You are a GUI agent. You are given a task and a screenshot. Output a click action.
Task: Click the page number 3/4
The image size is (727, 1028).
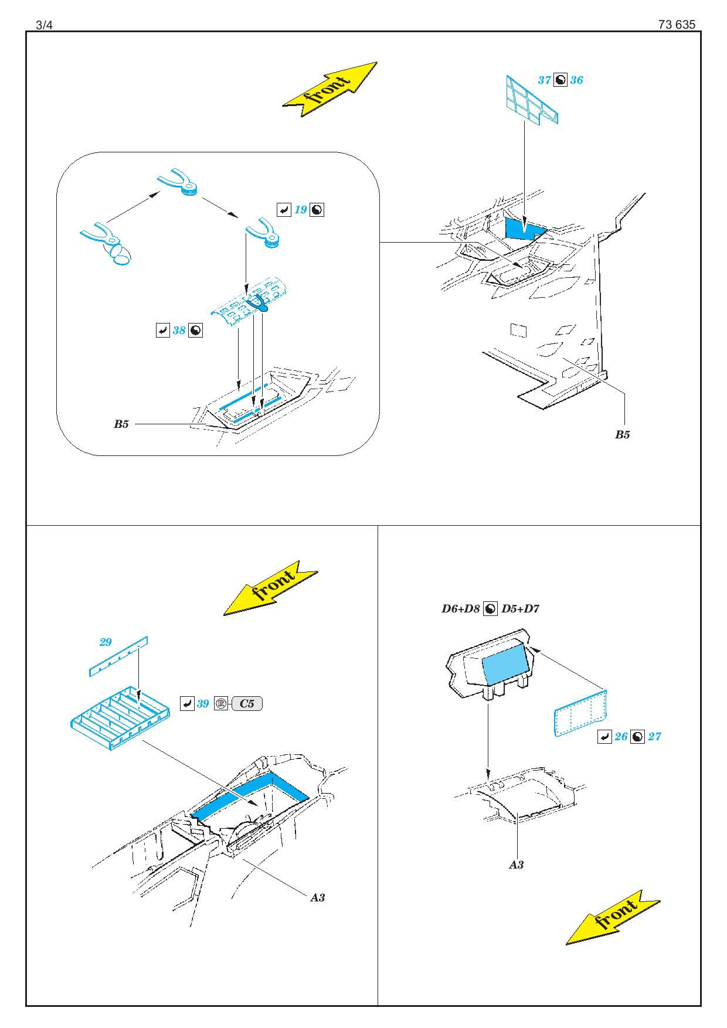(x=44, y=25)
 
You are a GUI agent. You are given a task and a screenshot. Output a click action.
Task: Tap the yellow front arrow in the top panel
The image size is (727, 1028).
(x=329, y=88)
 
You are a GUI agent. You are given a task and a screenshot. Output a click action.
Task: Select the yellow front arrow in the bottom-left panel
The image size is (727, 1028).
(x=270, y=588)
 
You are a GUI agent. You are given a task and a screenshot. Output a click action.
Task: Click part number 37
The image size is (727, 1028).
(x=544, y=80)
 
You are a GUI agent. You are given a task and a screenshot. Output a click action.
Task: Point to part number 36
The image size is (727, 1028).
(x=576, y=80)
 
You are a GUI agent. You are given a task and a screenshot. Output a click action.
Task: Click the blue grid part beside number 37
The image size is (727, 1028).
(x=531, y=100)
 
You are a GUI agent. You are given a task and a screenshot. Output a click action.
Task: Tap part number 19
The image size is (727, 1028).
(x=301, y=210)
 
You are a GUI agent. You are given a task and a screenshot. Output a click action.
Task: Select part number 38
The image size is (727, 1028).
(x=179, y=331)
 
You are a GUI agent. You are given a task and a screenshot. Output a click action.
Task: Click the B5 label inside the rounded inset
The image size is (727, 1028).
(x=121, y=424)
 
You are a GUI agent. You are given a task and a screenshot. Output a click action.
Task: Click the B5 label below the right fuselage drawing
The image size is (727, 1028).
(x=622, y=434)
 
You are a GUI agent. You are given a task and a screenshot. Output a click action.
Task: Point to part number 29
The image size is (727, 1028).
(x=106, y=642)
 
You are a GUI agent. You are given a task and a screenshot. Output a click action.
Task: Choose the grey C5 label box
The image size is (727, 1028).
(x=247, y=704)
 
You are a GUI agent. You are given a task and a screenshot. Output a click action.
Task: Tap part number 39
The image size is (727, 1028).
(x=203, y=704)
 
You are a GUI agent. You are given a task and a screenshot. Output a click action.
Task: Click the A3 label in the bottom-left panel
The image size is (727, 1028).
(x=317, y=897)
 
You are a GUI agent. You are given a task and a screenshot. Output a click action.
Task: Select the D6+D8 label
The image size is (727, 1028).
(x=461, y=608)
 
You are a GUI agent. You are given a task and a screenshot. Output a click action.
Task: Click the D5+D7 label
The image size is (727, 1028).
(x=521, y=608)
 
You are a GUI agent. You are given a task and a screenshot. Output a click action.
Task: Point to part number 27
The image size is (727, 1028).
(x=654, y=737)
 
